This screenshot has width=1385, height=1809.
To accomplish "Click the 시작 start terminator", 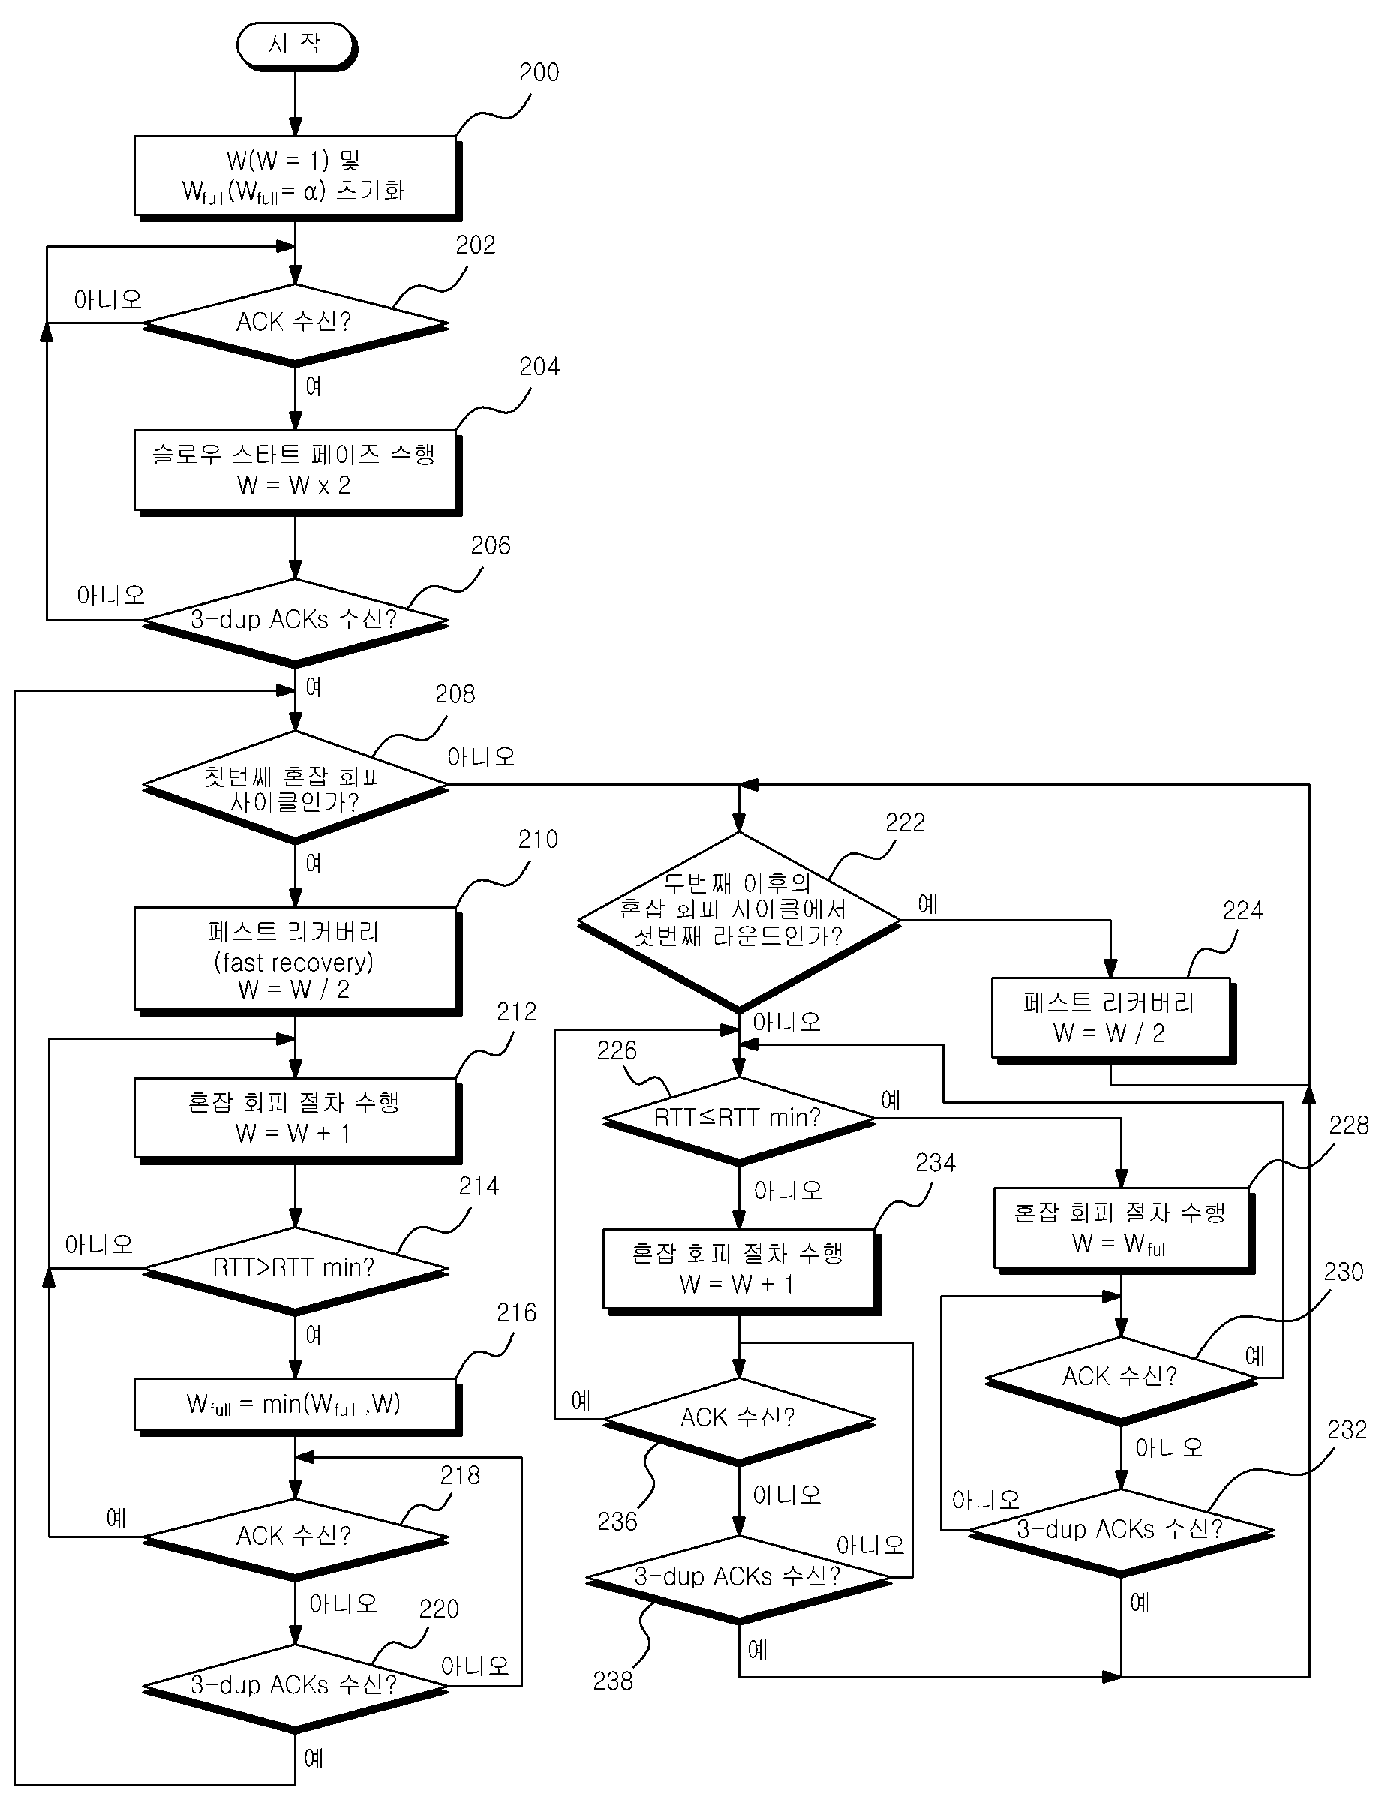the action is coord(295,45).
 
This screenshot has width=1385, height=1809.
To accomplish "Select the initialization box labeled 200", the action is coord(297,177).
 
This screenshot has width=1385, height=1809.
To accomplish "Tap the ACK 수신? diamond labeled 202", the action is coord(295,325).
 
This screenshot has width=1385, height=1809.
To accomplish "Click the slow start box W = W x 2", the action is coord(297,472).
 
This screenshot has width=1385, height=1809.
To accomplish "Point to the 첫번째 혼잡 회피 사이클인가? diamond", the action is coord(295,787).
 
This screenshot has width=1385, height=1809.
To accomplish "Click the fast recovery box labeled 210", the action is coord(297,960).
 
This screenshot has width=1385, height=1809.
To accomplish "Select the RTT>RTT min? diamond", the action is coord(295,1270).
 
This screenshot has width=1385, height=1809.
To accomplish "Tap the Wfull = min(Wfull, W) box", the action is coord(297,1406).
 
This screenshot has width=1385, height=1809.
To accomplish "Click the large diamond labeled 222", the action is coord(740,922).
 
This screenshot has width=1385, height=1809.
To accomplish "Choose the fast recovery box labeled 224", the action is coord(1113,1020).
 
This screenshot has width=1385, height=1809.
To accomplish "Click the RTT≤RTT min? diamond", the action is coord(740,1120).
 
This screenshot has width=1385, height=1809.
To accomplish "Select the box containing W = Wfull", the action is coord(1124,1231).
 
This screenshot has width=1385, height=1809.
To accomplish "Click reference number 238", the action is coord(614,1681).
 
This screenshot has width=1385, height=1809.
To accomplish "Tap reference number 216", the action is coord(517,1312).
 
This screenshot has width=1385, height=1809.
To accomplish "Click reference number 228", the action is coord(1349,1125).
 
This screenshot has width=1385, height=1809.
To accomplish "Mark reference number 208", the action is coord(455,694).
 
